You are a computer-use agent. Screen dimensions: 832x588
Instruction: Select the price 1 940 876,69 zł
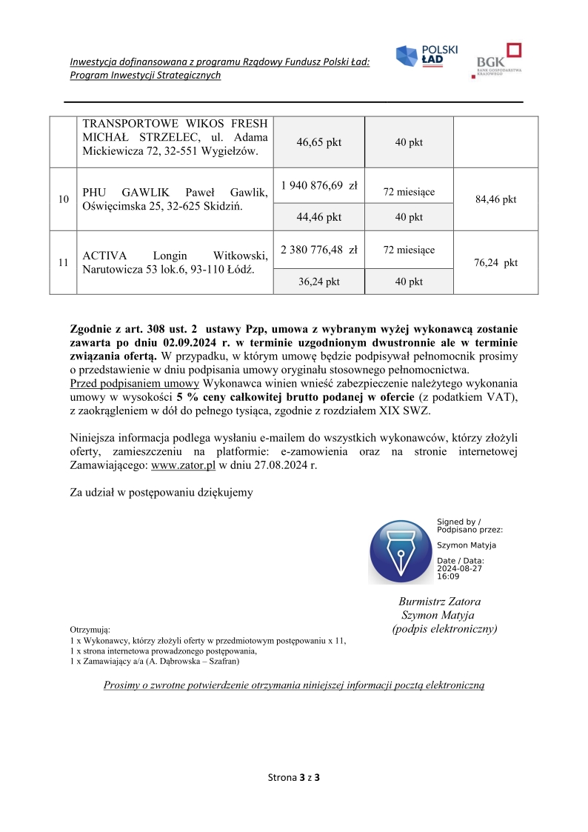click(x=319, y=186)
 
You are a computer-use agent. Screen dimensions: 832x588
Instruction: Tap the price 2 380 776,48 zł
click(x=319, y=250)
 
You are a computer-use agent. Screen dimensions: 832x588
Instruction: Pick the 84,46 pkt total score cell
click(x=495, y=199)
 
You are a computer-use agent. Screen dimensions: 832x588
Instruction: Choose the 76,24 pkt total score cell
click(x=495, y=263)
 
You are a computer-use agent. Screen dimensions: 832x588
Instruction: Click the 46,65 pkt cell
click(x=319, y=142)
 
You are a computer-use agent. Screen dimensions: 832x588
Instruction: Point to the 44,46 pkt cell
click(x=319, y=217)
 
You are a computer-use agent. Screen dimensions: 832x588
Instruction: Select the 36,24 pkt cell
click(x=319, y=282)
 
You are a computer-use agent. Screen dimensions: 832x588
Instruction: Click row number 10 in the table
click(x=63, y=199)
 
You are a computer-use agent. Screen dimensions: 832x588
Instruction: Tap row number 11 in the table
click(x=63, y=263)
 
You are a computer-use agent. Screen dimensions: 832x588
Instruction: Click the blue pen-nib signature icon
click(x=401, y=552)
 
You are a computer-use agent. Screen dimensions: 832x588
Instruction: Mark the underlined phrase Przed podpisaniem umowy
click(x=134, y=383)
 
